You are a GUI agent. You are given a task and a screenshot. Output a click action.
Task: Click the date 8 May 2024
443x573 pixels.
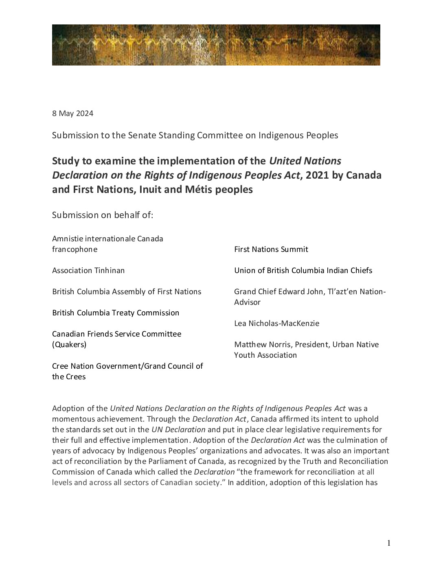point(72,114)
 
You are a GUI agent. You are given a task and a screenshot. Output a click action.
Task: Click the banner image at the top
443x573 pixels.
point(216,45)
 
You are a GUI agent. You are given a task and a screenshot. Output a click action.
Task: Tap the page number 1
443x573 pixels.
point(389,543)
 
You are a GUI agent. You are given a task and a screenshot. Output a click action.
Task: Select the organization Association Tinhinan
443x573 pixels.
point(88,271)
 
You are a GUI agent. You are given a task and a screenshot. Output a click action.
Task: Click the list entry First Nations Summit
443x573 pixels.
point(271,249)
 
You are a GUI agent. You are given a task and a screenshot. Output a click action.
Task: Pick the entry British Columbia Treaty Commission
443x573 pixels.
point(116,313)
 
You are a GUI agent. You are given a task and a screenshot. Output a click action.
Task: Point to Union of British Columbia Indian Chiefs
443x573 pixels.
point(303,271)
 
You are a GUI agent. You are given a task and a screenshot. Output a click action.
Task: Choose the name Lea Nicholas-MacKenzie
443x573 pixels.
point(276,324)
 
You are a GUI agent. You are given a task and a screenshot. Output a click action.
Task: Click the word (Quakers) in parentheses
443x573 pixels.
point(69,345)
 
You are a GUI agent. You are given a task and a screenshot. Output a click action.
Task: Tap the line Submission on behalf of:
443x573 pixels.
point(103,215)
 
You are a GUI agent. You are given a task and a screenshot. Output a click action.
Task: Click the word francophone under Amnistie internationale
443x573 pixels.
point(75,249)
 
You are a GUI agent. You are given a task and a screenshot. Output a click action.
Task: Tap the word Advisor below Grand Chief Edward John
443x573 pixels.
point(247,302)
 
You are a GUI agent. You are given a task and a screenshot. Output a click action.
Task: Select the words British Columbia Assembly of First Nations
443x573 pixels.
point(127,292)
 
